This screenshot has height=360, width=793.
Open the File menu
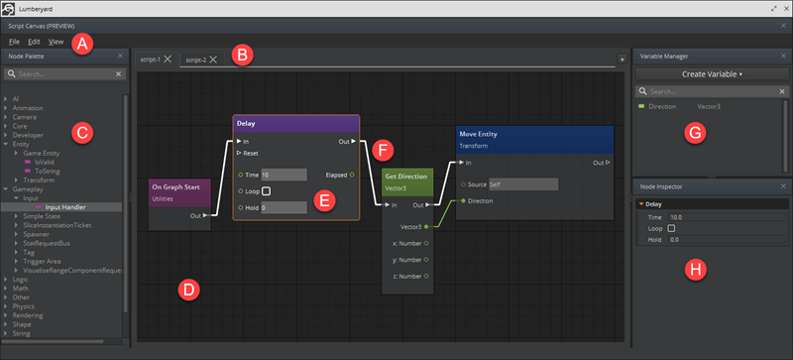click(x=14, y=42)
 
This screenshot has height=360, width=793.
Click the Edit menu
click(x=34, y=42)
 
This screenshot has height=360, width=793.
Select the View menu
click(x=56, y=42)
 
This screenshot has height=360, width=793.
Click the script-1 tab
click(x=150, y=60)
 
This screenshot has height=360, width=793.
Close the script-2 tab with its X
click(x=213, y=60)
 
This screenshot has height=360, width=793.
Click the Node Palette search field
click(x=63, y=73)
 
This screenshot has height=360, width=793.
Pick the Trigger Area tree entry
click(x=57, y=261)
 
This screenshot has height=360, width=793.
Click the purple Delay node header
click(x=296, y=123)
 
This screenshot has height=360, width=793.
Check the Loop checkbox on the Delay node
click(x=266, y=190)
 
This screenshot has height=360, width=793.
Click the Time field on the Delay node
click(x=283, y=175)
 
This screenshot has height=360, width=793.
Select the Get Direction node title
click(x=406, y=177)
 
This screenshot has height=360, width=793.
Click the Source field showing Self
click(x=522, y=183)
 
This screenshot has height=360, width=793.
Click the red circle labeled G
click(x=695, y=131)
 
